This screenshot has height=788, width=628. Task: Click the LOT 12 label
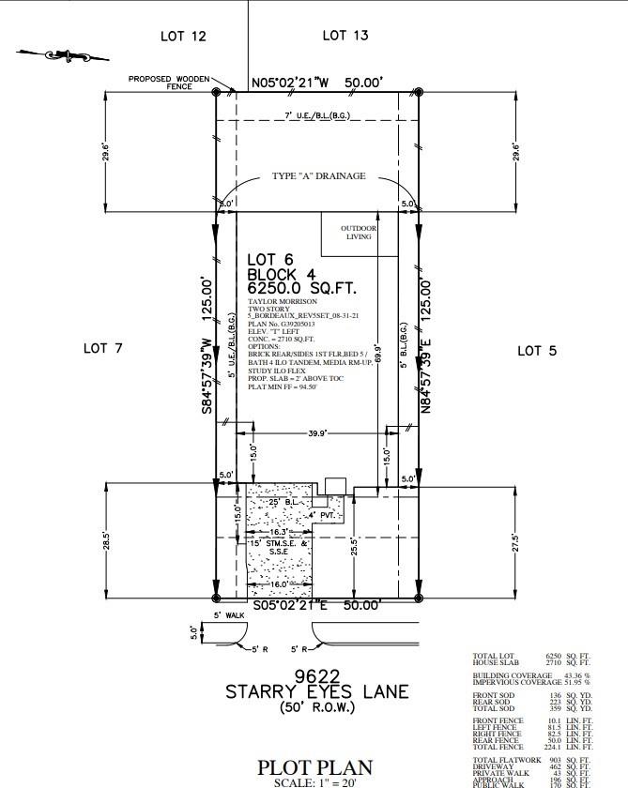183,37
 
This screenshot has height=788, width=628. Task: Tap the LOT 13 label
345,36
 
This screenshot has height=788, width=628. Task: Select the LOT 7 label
103,348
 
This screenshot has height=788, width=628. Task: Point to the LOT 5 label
537,350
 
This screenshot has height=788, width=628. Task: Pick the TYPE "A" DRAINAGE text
318,176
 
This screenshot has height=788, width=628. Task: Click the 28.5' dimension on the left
108,542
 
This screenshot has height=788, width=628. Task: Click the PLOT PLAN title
314,768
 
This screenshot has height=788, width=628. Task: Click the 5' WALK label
229,615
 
